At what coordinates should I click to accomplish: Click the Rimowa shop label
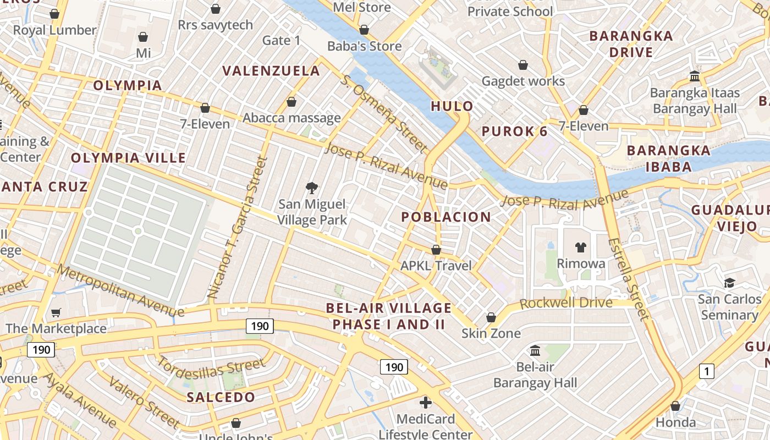click(x=581, y=263)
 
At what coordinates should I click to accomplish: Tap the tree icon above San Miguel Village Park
click(x=312, y=189)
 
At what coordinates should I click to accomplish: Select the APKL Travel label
click(x=436, y=266)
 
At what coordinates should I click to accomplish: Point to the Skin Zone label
click(x=491, y=333)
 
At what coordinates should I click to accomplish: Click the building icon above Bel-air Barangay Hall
click(x=535, y=350)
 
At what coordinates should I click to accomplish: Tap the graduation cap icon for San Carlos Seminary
click(x=729, y=283)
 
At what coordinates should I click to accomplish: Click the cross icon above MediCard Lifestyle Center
click(x=425, y=403)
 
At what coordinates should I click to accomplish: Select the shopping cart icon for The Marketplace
click(x=56, y=313)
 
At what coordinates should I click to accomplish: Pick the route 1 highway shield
click(x=706, y=371)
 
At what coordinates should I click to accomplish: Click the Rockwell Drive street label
click(x=566, y=303)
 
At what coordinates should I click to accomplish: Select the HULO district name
click(x=452, y=106)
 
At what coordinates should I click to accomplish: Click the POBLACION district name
click(x=446, y=217)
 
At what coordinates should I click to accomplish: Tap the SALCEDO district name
click(x=221, y=397)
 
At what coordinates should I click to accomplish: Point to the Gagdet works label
click(x=523, y=81)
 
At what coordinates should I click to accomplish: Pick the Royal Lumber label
click(x=54, y=30)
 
